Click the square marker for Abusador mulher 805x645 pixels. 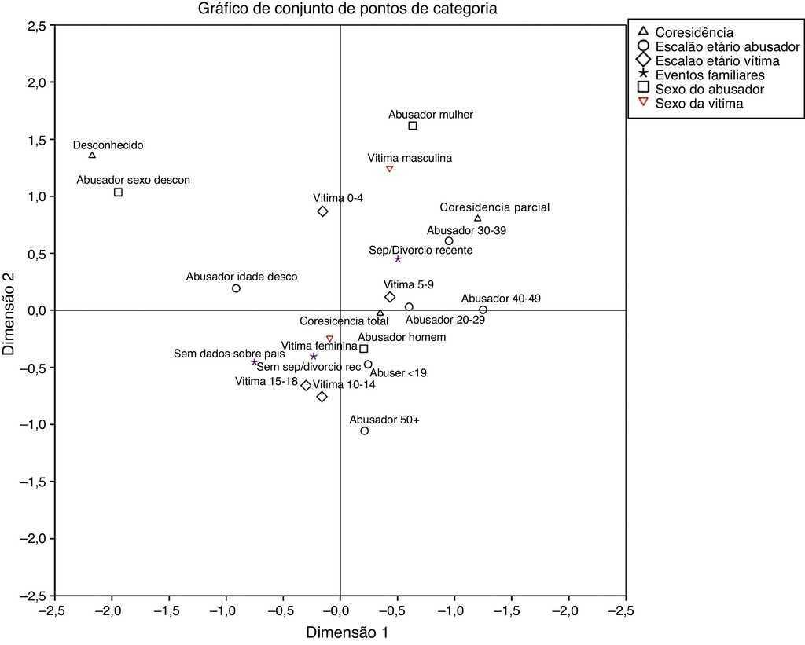click(x=413, y=126)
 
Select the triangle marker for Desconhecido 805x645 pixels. click(x=92, y=156)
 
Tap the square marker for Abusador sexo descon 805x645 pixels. click(x=118, y=192)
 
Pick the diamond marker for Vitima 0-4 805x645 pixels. click(x=322, y=211)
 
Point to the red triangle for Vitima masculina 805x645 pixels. click(x=389, y=169)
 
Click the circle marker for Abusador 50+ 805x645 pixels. click(x=365, y=431)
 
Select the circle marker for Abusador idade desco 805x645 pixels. click(x=236, y=288)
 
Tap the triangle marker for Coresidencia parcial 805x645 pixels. click(x=477, y=218)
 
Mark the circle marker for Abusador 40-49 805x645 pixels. click(x=483, y=310)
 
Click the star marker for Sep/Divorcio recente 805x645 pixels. click(x=398, y=259)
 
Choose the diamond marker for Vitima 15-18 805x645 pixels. click(x=307, y=386)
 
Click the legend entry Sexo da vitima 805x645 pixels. click(x=699, y=104)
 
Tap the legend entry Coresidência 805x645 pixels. click(x=693, y=33)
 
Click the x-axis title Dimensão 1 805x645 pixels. click(x=347, y=632)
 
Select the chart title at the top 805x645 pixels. click(x=339, y=9)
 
